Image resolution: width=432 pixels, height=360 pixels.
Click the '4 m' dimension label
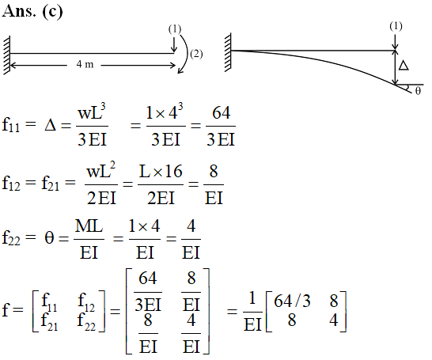tap(85, 64)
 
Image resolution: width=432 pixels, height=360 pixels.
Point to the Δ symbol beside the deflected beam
tap(404, 66)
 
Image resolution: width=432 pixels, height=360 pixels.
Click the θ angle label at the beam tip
tap(418, 91)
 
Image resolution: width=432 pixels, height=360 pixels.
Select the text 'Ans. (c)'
tap(32, 12)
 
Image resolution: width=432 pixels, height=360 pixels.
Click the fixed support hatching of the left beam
tap(7, 55)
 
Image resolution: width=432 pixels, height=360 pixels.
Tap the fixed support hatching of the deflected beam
tap(228, 52)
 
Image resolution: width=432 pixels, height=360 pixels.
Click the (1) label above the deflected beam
tap(396, 26)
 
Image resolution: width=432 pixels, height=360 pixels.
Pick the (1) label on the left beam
tap(175, 29)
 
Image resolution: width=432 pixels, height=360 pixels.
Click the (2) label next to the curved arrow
tap(196, 54)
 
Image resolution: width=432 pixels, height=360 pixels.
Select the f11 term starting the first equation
tap(11, 125)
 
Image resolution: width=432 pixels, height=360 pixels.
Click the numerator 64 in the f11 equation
tap(221, 113)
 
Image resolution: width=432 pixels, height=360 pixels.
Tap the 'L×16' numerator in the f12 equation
tap(161, 172)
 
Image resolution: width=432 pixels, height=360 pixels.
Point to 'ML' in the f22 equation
tap(89, 226)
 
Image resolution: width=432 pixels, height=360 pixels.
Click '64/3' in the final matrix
tap(292, 301)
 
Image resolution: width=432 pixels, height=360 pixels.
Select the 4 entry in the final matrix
tap(334, 320)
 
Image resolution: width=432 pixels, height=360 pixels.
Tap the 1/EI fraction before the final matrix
tap(252, 312)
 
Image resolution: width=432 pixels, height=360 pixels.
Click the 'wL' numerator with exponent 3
tap(92, 112)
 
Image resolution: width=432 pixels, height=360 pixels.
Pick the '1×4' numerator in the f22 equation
tap(144, 226)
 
